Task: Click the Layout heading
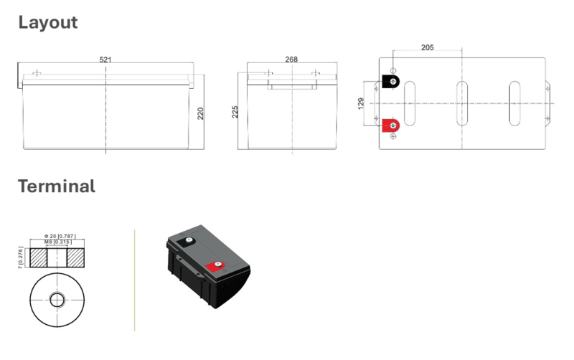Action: (x=48, y=23)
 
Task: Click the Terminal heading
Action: (x=57, y=186)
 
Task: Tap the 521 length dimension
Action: (x=105, y=60)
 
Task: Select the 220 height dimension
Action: (x=200, y=113)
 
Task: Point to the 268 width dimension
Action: (x=291, y=59)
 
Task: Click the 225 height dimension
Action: (x=235, y=112)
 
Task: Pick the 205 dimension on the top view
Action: (x=427, y=47)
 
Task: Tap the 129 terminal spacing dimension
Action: (x=361, y=103)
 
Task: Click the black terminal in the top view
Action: (x=390, y=81)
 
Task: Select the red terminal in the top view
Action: (x=390, y=125)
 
